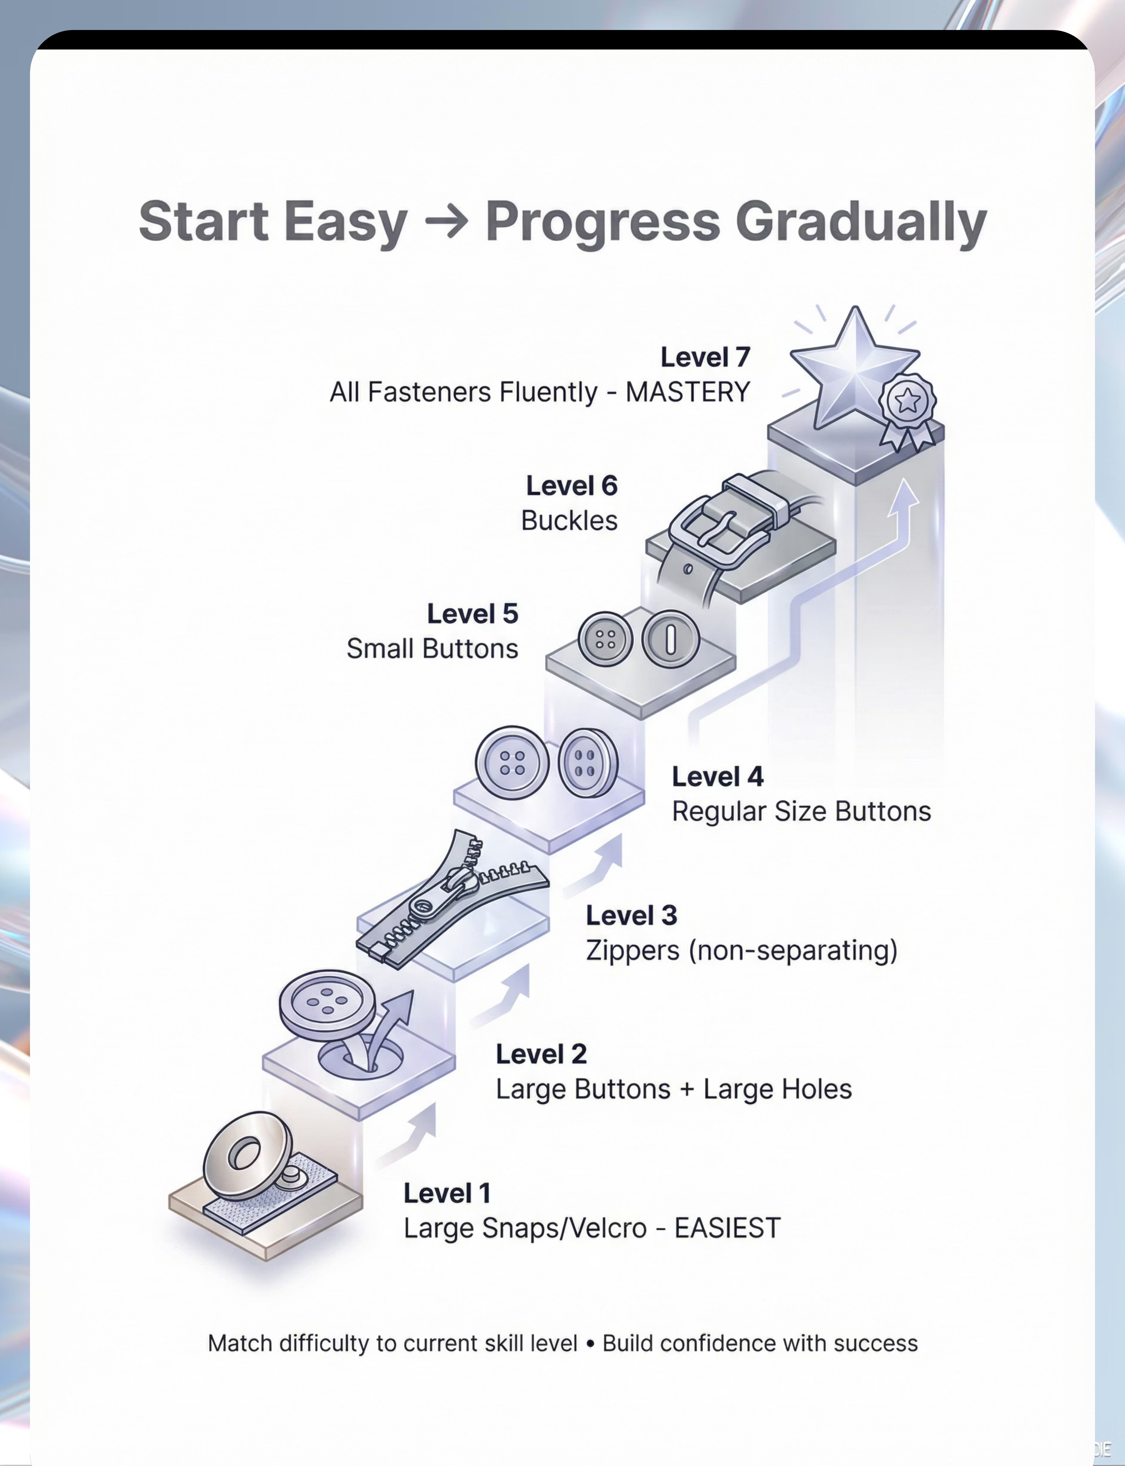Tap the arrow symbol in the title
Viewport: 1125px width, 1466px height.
(447, 222)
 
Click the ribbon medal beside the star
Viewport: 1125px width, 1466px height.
(907, 408)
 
